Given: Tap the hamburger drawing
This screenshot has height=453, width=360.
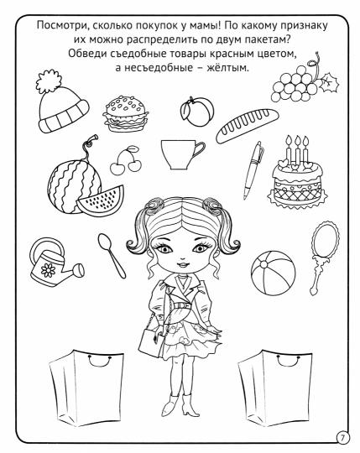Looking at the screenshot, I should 122,112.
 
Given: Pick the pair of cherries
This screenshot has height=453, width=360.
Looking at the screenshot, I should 126,159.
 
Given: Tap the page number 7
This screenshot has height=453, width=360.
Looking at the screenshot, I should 342,435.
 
